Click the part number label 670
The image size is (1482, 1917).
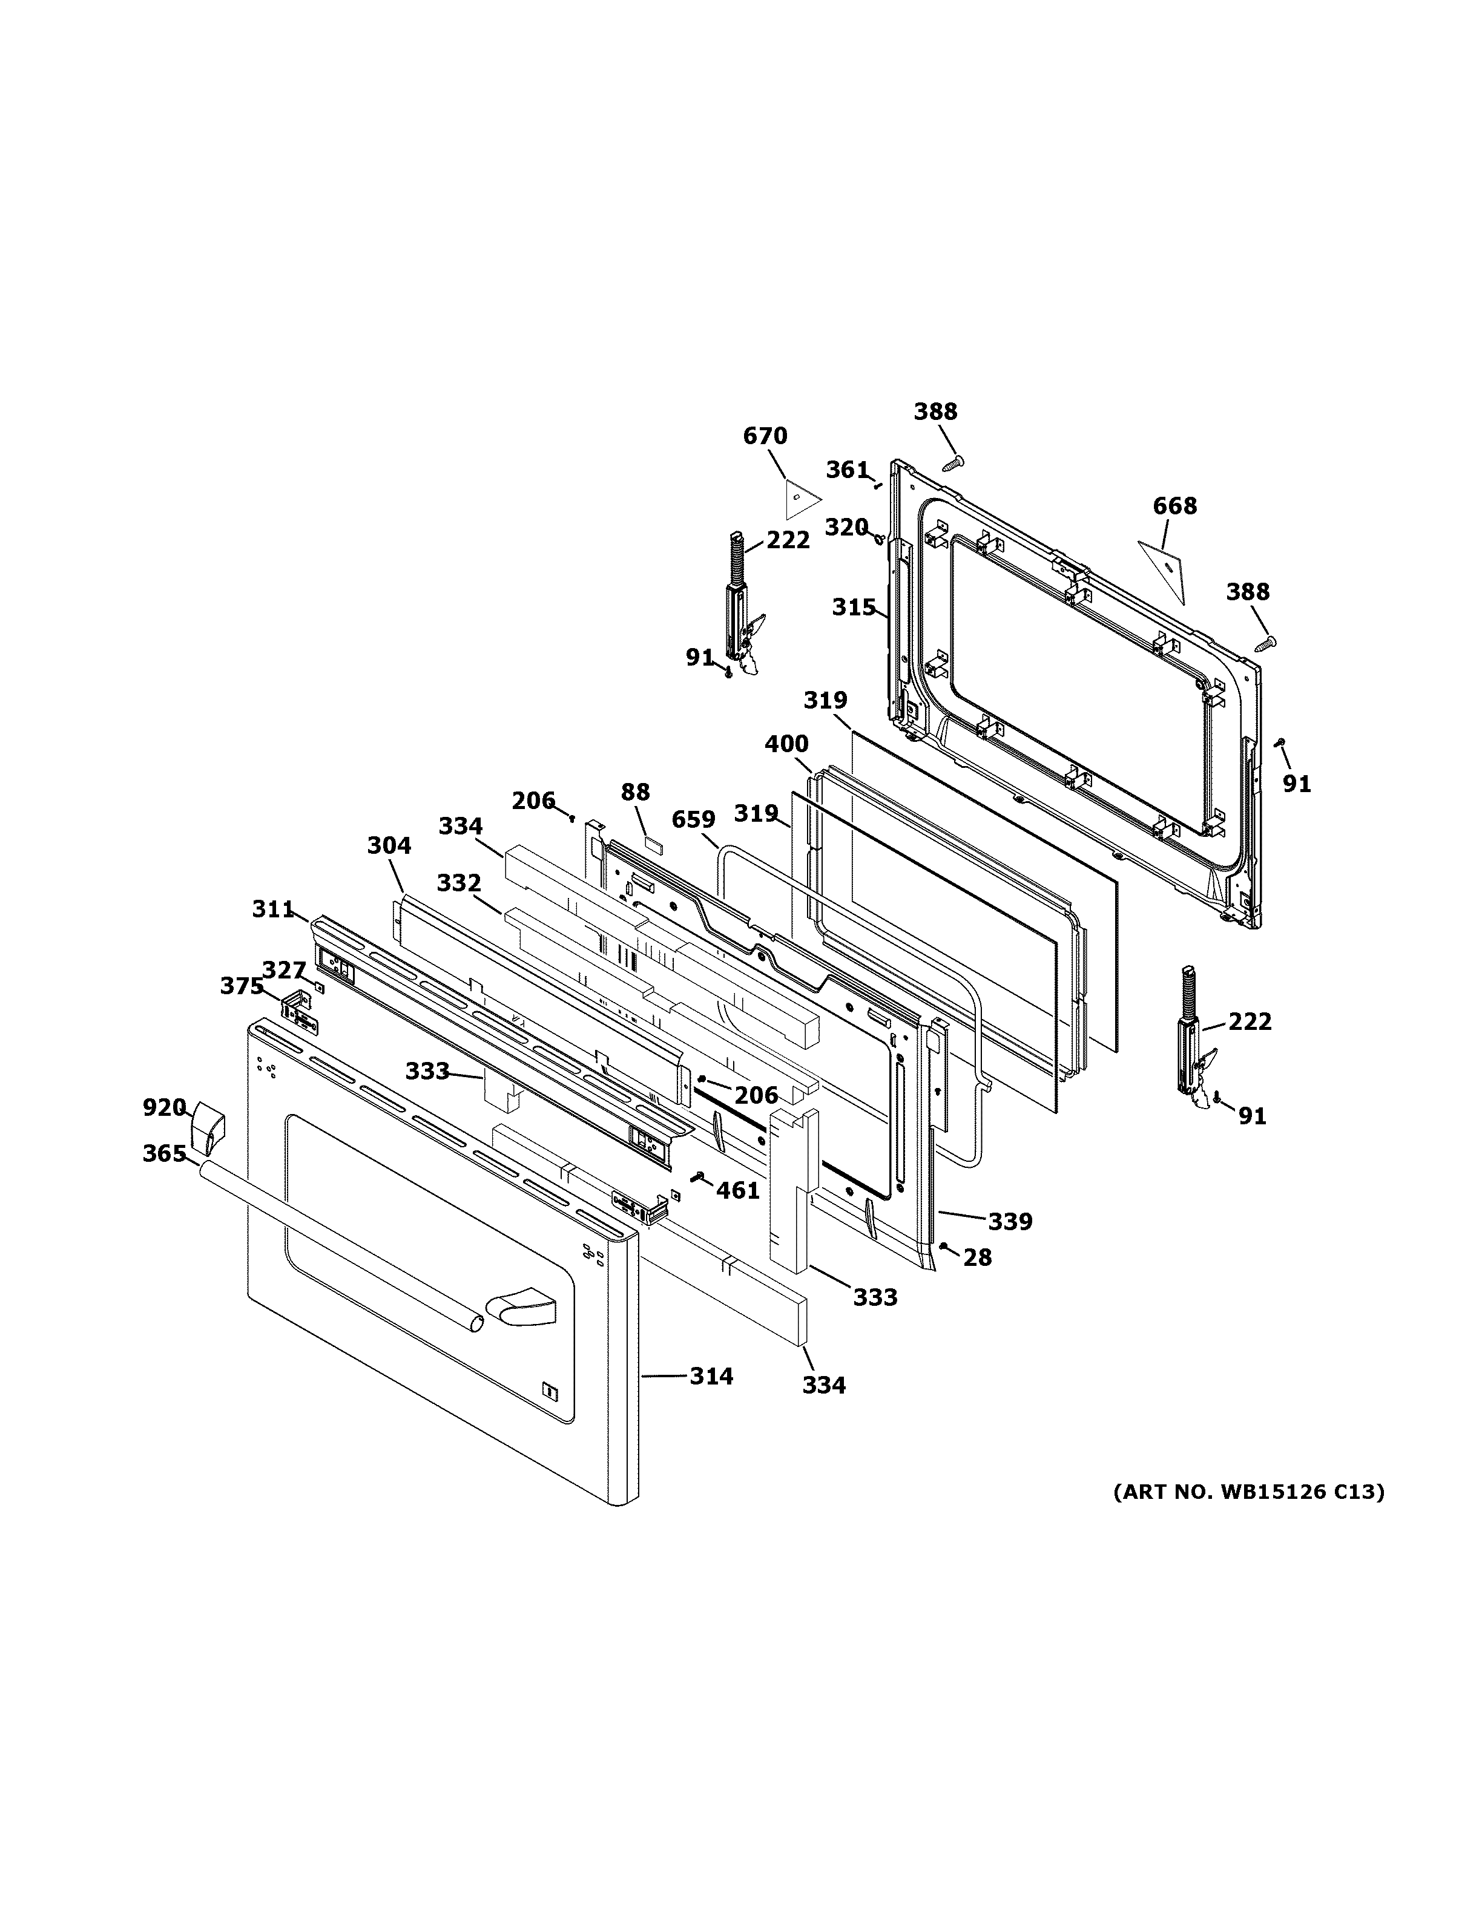765,436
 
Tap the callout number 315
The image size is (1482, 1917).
854,608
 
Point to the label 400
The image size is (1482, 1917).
786,744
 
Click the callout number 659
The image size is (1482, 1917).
694,820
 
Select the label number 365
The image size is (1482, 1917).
164,1153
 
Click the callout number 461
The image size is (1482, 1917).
737,1190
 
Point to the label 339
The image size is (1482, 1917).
1010,1221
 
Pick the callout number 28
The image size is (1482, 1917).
977,1258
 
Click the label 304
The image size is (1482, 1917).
388,845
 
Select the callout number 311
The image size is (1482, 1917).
273,909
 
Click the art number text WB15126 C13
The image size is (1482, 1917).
1248,1492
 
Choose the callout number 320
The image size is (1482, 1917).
846,528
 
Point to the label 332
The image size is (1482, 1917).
459,882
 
